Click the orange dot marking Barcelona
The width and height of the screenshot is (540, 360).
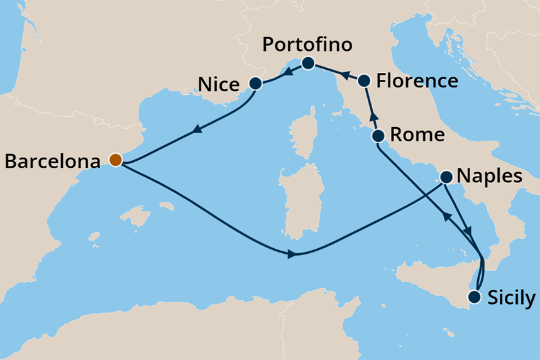pyautogui.click(x=115, y=160)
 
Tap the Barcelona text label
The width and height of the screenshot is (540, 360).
pyautogui.click(x=52, y=161)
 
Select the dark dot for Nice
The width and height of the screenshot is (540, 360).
pyautogui.click(x=255, y=83)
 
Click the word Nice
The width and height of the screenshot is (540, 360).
pyautogui.click(x=218, y=84)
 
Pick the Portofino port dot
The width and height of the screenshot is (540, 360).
pyautogui.click(x=308, y=63)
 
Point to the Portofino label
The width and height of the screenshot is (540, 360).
pyautogui.click(x=307, y=45)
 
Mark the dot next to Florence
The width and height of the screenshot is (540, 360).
pyautogui.click(x=364, y=80)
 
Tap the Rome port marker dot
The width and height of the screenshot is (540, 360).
pyautogui.click(x=378, y=136)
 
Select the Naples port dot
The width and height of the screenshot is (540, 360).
pyautogui.click(x=447, y=177)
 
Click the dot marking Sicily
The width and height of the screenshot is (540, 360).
pyautogui.click(x=475, y=297)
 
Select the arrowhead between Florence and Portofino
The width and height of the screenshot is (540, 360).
pyautogui.click(x=344, y=75)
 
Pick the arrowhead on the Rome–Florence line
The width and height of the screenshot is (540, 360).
pyautogui.click(x=372, y=115)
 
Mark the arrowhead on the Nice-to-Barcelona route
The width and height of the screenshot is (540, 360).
pyautogui.click(x=197, y=129)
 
